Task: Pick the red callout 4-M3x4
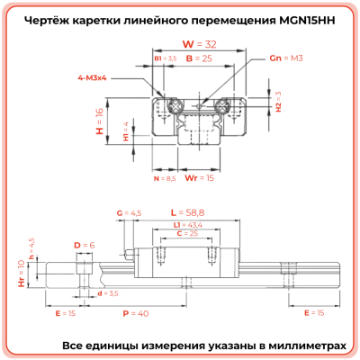tap(94, 78)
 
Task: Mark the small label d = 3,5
tap(108, 293)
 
